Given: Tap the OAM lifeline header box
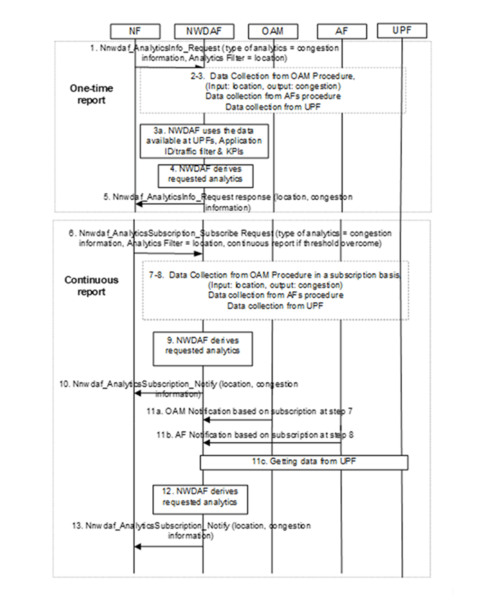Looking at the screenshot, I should tap(272, 30).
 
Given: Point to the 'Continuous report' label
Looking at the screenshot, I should tap(91, 286).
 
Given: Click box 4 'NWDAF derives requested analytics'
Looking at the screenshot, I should tap(203, 176).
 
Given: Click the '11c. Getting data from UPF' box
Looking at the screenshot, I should tap(304, 461).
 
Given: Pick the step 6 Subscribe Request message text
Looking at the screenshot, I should tap(225, 239).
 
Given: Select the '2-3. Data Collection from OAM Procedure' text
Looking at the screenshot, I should tap(273, 82).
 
